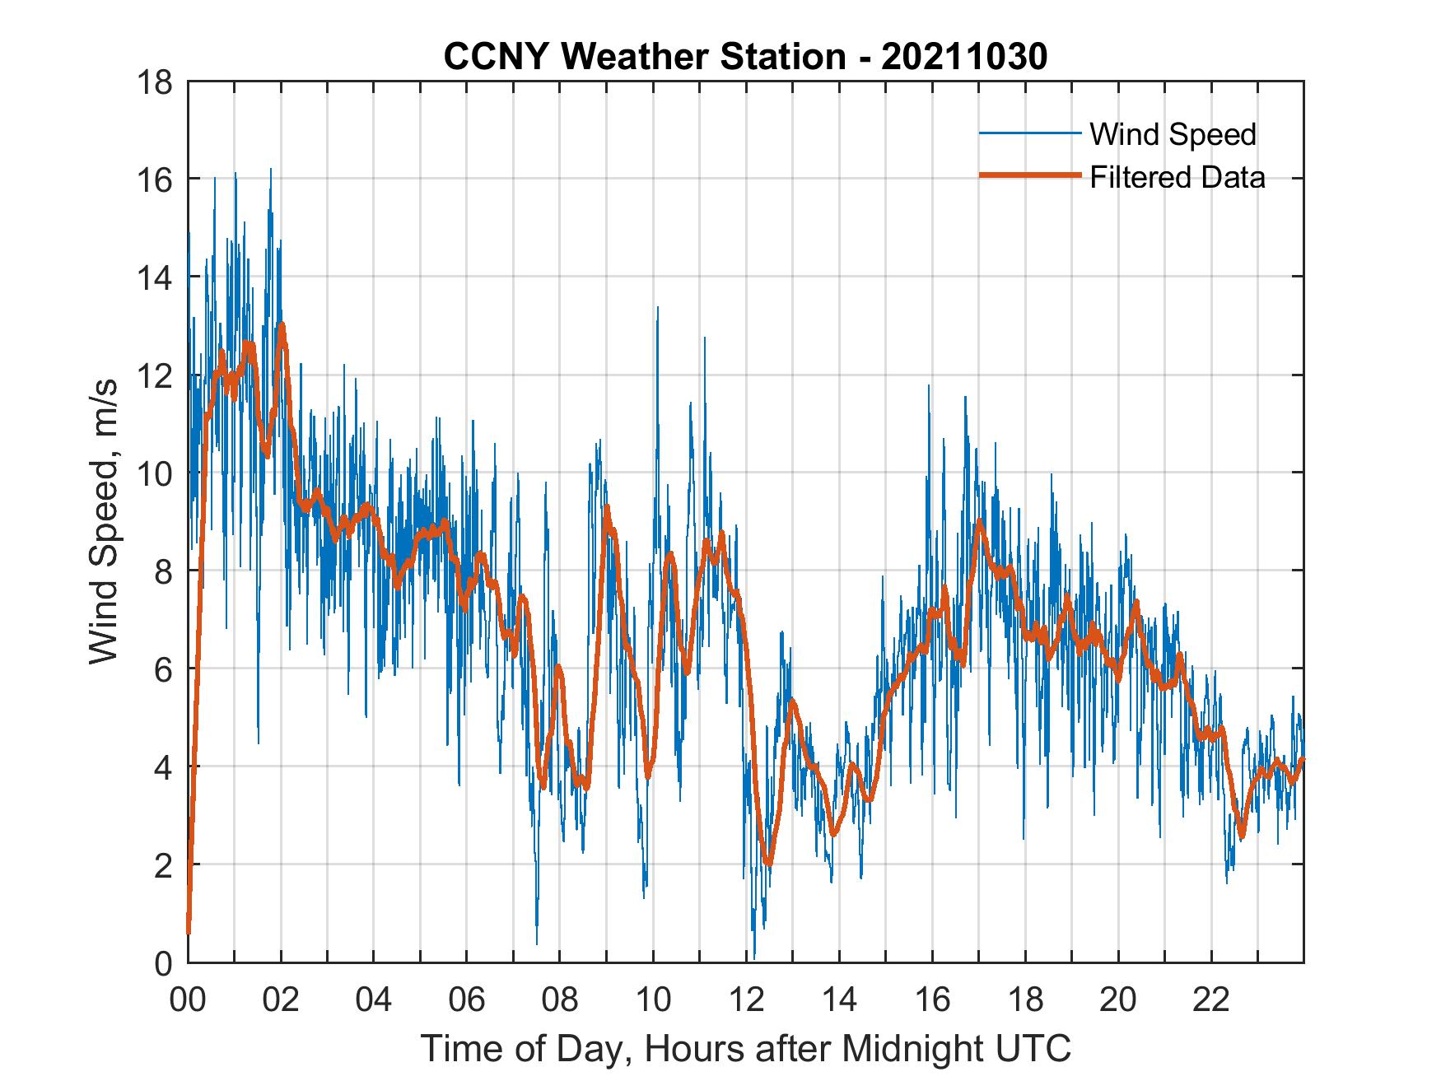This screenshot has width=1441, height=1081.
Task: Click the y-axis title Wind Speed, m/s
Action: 104,520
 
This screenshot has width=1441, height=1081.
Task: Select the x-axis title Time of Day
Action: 746,1048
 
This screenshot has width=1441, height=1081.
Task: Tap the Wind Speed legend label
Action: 1173,134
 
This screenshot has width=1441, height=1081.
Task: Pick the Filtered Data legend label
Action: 1177,177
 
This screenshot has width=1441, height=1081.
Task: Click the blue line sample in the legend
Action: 1029,133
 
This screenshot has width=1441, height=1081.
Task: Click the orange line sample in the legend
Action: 1029,176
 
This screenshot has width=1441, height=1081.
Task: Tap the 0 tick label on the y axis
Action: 163,963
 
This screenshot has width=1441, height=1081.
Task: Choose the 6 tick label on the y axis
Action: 163,669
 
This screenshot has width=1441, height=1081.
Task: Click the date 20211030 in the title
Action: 963,57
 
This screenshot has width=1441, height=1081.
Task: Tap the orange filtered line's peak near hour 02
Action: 282,325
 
